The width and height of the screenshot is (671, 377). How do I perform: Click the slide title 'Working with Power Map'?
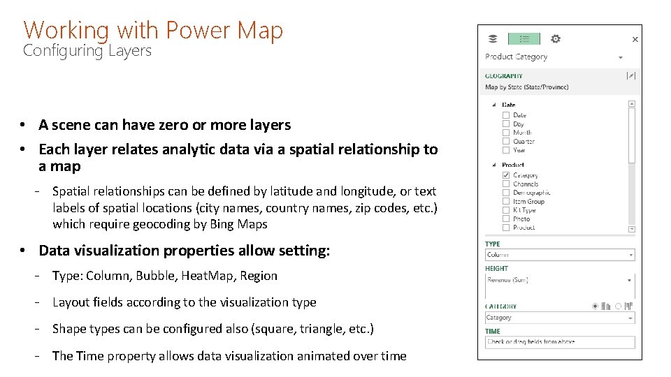point(153,30)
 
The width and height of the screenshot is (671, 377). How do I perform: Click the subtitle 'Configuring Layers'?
point(87,50)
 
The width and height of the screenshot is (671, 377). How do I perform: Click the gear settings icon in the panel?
point(556,39)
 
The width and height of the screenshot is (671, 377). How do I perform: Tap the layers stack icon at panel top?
point(493,39)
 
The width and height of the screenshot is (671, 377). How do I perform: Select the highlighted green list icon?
point(524,39)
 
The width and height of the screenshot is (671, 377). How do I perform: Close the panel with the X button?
point(635,40)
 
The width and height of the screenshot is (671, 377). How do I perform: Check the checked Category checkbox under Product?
point(506,175)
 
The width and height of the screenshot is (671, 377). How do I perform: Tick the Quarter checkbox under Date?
point(506,141)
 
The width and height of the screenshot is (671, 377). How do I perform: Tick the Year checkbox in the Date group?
point(506,149)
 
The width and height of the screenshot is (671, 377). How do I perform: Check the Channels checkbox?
point(506,184)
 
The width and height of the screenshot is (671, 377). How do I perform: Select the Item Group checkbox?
point(506,201)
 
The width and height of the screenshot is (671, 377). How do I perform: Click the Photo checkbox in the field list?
point(506,219)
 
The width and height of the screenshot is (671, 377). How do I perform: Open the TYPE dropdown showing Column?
point(560,255)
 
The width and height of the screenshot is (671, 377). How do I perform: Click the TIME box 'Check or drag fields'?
point(560,342)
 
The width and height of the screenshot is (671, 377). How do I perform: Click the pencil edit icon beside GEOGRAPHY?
point(631,75)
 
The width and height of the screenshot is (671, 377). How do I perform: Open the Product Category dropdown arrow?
point(621,57)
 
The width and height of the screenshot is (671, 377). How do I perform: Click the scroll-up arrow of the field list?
point(632,104)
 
